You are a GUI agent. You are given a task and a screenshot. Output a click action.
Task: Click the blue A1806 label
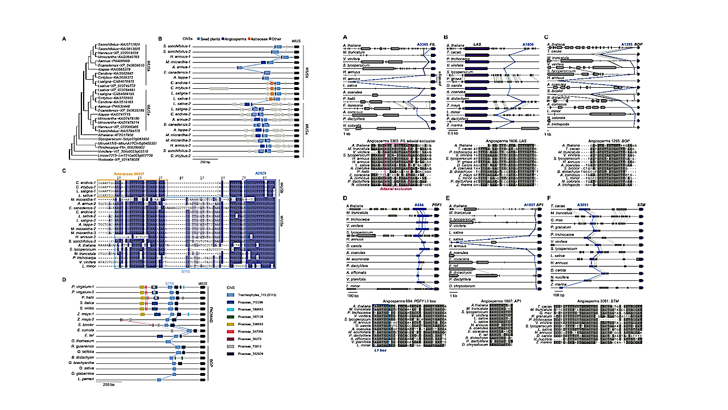pyautogui.click(x=529, y=43)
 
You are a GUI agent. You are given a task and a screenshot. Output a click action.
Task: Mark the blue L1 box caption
pyautogui.click(x=381, y=351)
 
